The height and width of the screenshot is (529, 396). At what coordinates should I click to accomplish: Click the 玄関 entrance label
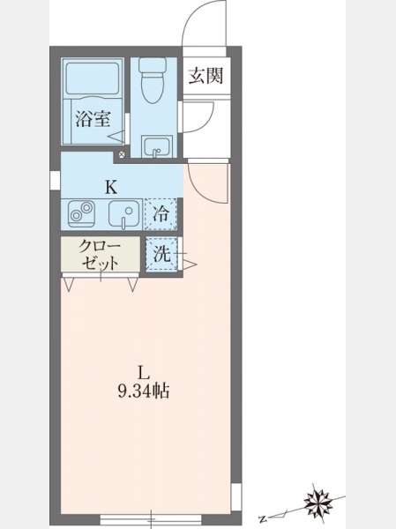click(205, 76)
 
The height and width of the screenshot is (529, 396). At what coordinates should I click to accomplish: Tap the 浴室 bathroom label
click(93, 118)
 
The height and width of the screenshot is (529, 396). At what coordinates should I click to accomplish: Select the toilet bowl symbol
click(153, 80)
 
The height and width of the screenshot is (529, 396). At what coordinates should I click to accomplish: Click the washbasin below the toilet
click(157, 146)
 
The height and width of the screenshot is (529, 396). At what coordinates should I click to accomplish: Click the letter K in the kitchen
click(111, 187)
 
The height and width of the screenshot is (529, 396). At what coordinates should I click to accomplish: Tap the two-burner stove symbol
click(81, 214)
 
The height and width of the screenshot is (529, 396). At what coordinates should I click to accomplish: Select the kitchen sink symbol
click(124, 215)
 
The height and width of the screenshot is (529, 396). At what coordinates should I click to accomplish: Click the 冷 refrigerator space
click(161, 214)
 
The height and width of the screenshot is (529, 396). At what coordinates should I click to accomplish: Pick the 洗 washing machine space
click(162, 254)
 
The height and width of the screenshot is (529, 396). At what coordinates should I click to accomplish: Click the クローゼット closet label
click(100, 254)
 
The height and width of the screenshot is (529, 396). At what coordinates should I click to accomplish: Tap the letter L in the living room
click(143, 373)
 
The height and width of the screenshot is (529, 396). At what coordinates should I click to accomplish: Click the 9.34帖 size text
click(143, 391)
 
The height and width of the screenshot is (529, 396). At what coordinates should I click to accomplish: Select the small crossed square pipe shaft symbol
click(122, 155)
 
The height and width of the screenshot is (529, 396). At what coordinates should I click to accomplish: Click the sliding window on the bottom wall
click(151, 519)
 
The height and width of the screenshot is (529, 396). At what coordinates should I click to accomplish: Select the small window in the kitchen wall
click(55, 180)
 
